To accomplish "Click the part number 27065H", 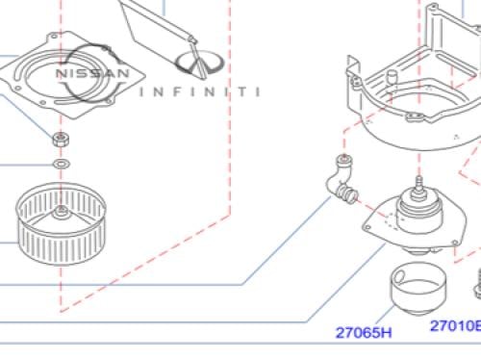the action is click(364, 332).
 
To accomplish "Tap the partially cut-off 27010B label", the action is click(456, 325).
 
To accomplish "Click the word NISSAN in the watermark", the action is click(92, 73).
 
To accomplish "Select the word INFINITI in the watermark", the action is click(199, 92).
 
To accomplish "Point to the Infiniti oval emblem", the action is click(199, 64).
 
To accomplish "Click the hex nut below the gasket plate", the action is click(61, 140).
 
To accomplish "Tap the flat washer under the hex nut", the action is click(62, 165).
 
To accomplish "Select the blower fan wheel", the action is click(61, 223).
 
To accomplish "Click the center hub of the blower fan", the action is click(61, 212).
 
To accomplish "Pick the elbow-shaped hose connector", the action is click(342, 180).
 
